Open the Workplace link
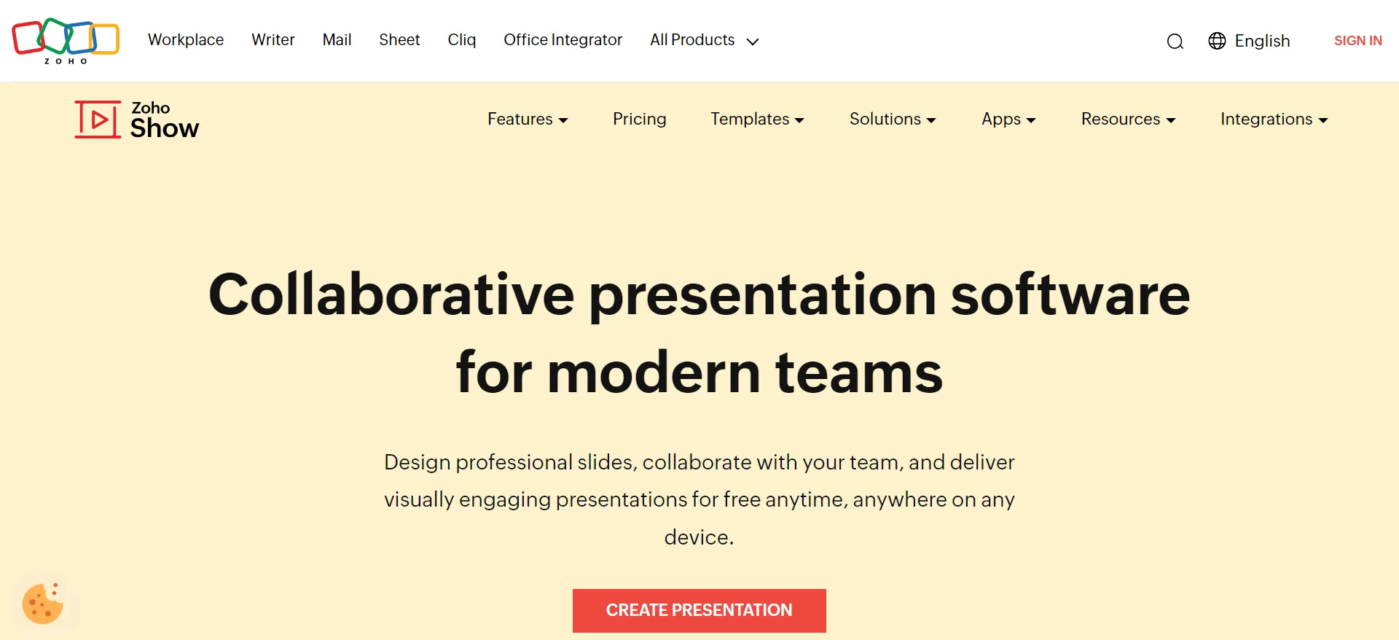click(x=186, y=40)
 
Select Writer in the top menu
click(x=273, y=40)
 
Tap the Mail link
click(x=337, y=40)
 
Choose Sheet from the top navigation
click(x=399, y=40)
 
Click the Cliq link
click(x=462, y=40)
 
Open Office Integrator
click(x=563, y=40)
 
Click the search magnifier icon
click(x=1175, y=42)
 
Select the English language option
click(x=1249, y=41)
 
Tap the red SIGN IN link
click(x=1357, y=41)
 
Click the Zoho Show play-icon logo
click(x=98, y=119)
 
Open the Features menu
click(x=528, y=119)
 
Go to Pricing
click(x=639, y=119)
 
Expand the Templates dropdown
click(x=757, y=119)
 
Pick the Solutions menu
click(x=893, y=119)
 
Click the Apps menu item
click(x=1008, y=120)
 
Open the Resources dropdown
click(x=1128, y=119)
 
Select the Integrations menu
click(x=1274, y=120)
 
